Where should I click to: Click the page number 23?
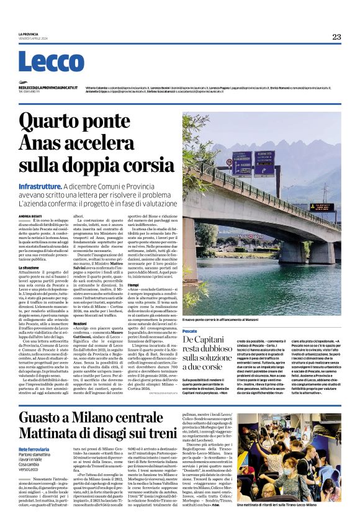(x=336, y=37)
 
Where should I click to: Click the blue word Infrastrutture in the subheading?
(x=41, y=186)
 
